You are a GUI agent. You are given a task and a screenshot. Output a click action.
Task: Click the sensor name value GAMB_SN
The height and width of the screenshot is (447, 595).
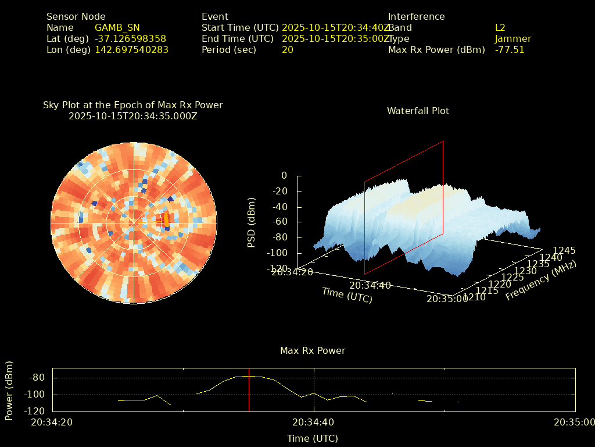click(x=117, y=27)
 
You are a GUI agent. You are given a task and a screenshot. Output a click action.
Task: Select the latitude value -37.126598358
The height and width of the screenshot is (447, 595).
click(x=130, y=38)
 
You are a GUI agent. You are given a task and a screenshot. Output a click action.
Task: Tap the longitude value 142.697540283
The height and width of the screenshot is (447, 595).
click(x=131, y=49)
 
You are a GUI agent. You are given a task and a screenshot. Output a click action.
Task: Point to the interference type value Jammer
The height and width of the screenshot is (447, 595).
click(x=512, y=38)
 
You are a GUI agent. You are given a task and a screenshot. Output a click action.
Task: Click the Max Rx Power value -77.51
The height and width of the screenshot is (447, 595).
click(x=509, y=49)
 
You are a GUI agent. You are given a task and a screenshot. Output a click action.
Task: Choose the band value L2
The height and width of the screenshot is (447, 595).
click(x=500, y=27)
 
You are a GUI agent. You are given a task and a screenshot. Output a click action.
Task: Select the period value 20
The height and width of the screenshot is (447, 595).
click(x=287, y=49)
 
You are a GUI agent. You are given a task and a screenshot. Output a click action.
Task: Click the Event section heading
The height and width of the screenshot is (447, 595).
click(x=215, y=16)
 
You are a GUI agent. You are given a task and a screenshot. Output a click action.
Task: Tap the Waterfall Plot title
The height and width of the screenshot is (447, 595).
click(x=418, y=111)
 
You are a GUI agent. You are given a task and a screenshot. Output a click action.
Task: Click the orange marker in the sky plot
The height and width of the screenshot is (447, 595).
click(x=167, y=219)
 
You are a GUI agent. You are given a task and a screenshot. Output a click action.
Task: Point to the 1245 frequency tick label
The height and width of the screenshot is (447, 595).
click(x=564, y=250)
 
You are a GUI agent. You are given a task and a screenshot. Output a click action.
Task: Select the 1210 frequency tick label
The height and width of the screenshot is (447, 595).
click(x=475, y=297)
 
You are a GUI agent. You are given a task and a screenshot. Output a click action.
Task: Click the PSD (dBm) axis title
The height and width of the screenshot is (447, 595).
click(x=252, y=222)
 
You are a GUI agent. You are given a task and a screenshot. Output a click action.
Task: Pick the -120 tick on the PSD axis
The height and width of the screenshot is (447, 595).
click(x=277, y=268)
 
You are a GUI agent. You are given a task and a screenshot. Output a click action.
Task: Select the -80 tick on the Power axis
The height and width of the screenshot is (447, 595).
click(x=38, y=378)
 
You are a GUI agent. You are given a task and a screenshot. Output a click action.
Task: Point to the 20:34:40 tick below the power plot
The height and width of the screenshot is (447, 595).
click(x=313, y=422)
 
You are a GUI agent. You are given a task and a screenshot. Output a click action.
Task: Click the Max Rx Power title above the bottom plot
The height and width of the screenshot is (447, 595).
click(x=313, y=350)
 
